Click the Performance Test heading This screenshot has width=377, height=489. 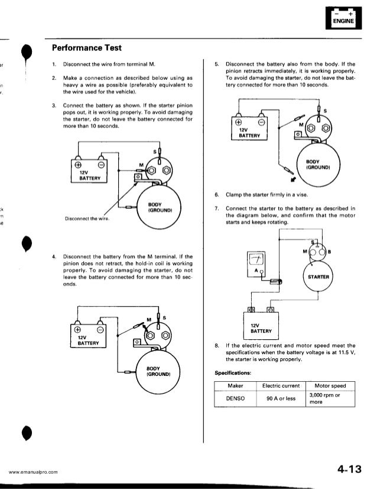(88, 46)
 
